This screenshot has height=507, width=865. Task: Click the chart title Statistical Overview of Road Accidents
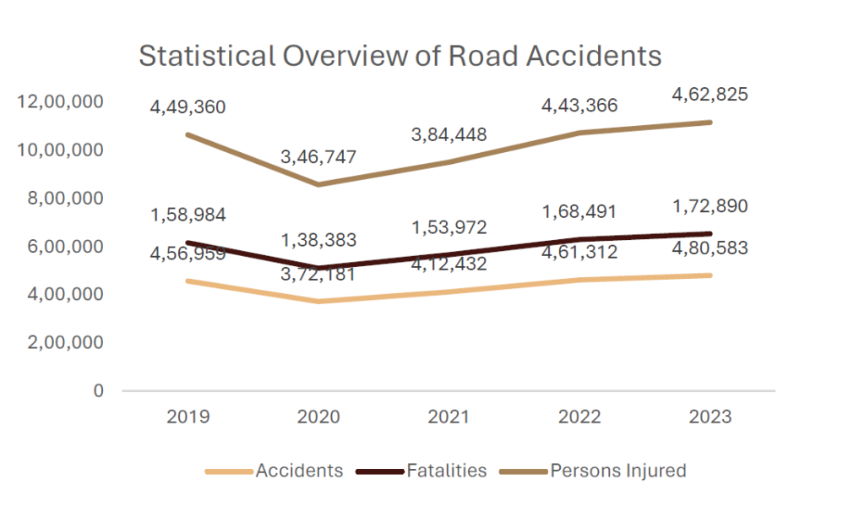400,56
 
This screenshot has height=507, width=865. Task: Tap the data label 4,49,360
188,107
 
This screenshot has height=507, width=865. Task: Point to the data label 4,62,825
710,95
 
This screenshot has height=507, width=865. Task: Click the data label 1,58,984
188,215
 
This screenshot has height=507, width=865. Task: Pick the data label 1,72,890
710,207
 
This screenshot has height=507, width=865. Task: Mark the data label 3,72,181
320,274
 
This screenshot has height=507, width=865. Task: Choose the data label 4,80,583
710,248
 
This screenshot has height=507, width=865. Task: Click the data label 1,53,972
449,227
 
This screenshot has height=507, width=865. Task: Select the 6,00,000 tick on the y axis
65,247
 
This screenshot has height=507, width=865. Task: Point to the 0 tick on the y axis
98,391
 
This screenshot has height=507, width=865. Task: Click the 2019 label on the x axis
188,417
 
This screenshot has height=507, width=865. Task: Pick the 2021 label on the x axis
449,417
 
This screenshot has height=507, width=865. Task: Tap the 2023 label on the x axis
710,417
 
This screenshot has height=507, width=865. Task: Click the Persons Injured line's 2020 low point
319,184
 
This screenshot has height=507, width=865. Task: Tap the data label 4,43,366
579,106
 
